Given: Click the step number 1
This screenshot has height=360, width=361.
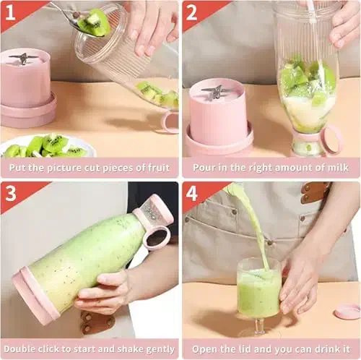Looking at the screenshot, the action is click(x=10, y=12).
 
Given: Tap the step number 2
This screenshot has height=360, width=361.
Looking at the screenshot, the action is click(x=191, y=12).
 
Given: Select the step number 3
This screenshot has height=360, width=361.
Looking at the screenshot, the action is click(x=11, y=193).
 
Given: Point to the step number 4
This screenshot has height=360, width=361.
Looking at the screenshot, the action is click(x=192, y=193).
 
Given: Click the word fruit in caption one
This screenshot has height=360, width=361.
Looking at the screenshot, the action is click(x=159, y=168).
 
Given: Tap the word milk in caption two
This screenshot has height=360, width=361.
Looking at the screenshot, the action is click(x=339, y=167).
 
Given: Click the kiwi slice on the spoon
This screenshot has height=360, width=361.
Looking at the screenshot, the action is click(x=95, y=23).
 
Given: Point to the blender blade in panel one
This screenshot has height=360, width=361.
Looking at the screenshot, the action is click(x=23, y=59).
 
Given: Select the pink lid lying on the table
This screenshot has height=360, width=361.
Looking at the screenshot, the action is click(x=347, y=312).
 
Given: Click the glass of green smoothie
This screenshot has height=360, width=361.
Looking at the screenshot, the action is click(x=258, y=289).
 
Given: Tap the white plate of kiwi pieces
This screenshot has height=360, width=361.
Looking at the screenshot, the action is click(x=48, y=146).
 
